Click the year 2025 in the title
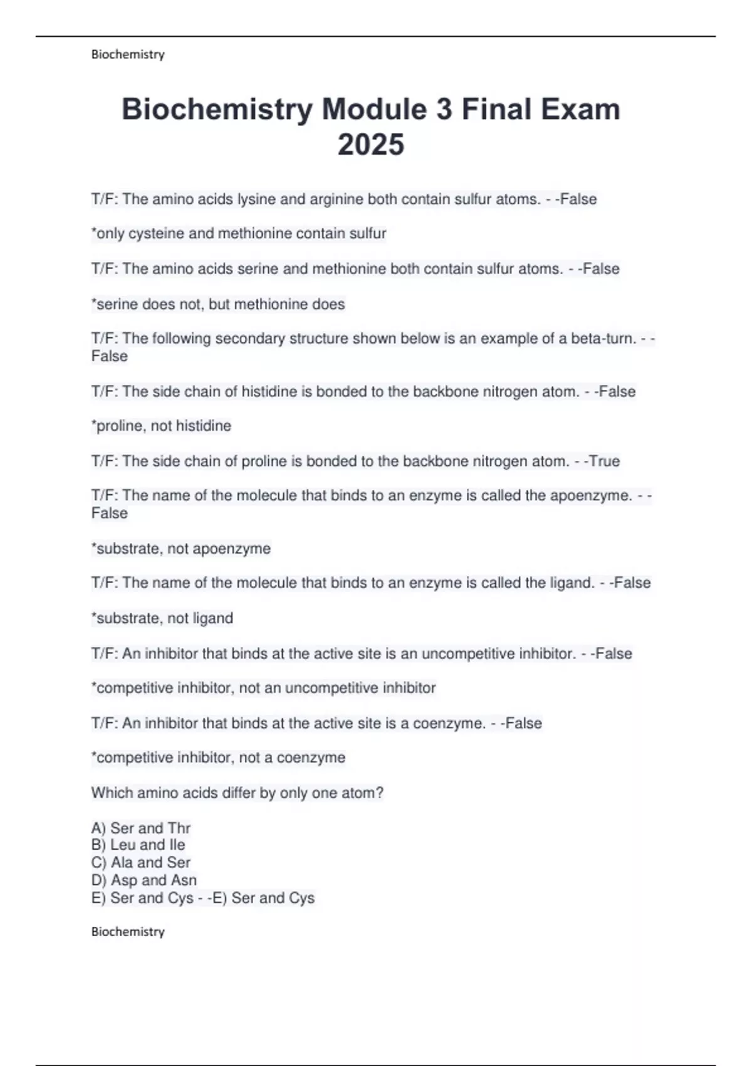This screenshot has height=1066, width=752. click(x=371, y=144)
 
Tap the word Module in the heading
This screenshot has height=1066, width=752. click(x=374, y=109)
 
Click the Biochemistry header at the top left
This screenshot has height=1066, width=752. click(x=128, y=55)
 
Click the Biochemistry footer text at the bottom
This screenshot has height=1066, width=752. click(x=128, y=932)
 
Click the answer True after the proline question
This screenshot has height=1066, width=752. click(x=604, y=462)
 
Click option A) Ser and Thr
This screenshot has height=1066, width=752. click(x=141, y=828)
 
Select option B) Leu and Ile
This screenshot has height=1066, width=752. click(x=138, y=845)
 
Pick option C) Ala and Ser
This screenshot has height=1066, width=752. click(x=141, y=863)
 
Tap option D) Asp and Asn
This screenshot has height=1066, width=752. click(x=144, y=880)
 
